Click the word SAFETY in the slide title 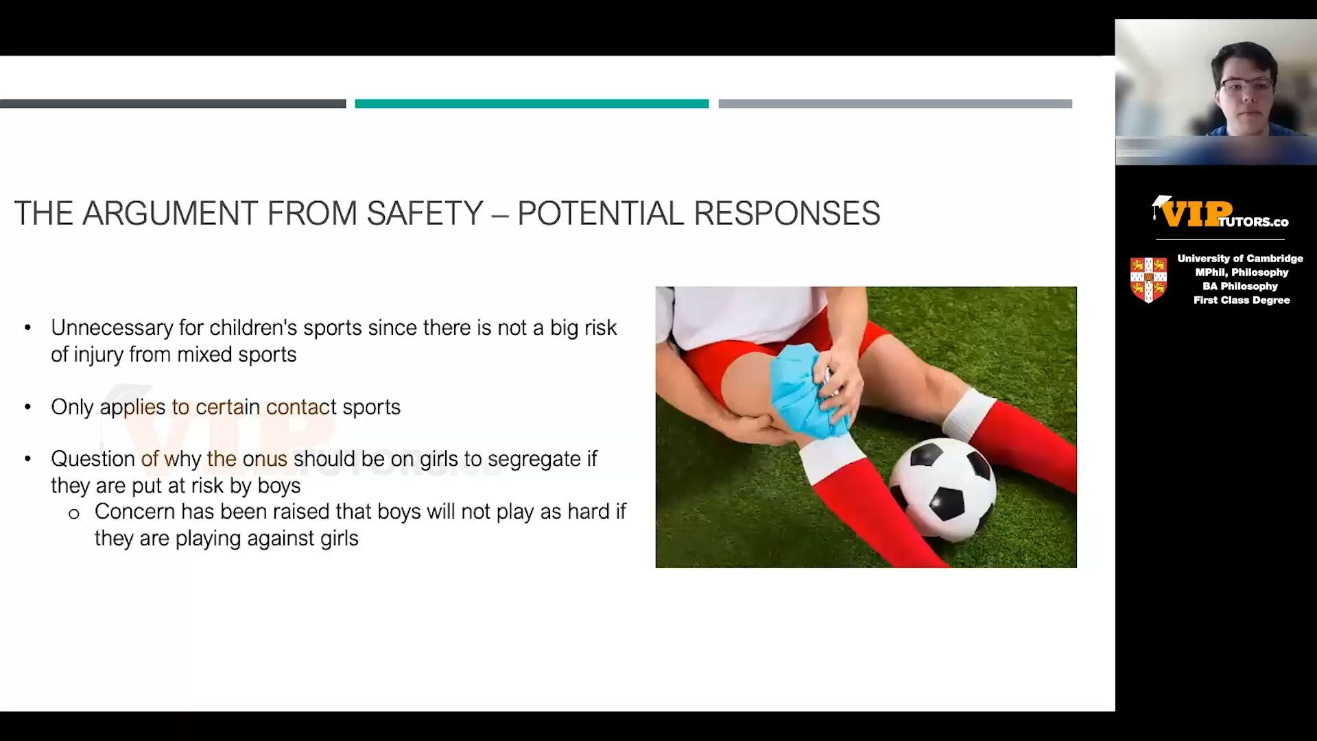click(x=425, y=213)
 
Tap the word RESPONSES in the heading click(x=787, y=213)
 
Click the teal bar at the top click(x=532, y=104)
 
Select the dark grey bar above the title click(x=173, y=104)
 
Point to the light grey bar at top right click(x=895, y=104)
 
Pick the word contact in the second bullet click(x=301, y=407)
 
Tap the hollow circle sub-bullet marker click(x=74, y=514)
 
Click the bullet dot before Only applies click(x=27, y=408)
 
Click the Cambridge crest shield click(x=1148, y=280)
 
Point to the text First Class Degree click(x=1242, y=300)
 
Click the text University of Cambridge click(x=1240, y=259)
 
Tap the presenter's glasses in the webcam click(x=1246, y=87)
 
